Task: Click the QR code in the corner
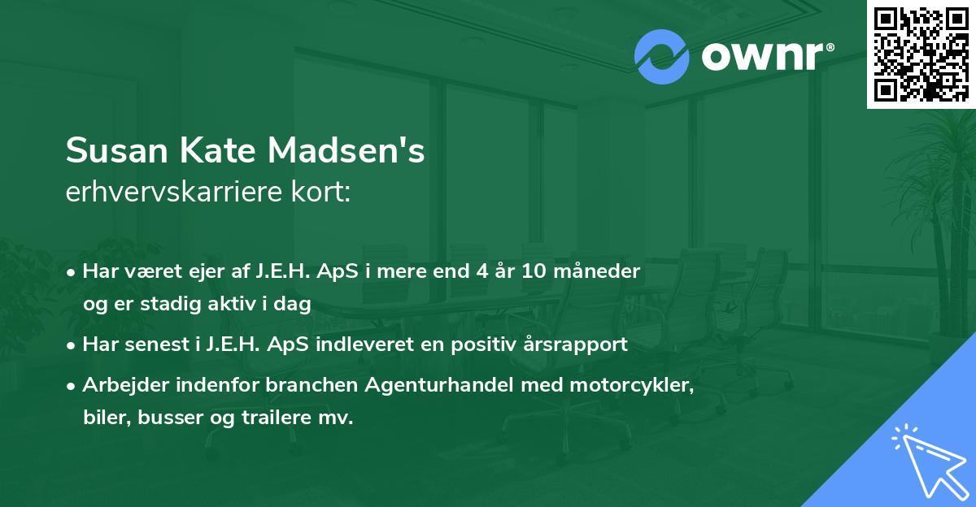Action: [x=922, y=54]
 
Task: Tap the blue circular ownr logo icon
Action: [x=662, y=57]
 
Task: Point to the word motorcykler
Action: [x=643, y=385]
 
